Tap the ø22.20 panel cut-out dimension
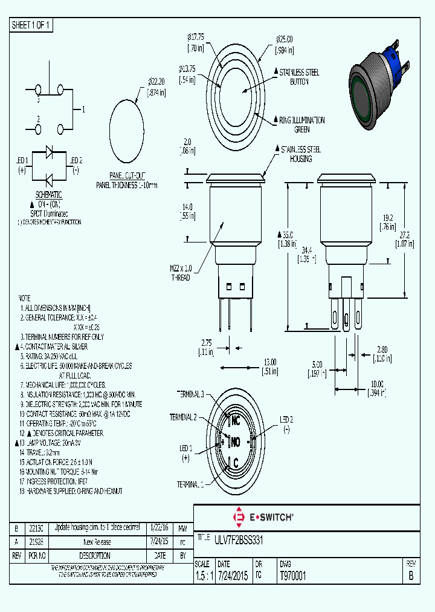[x=156, y=86]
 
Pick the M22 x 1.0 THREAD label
[x=180, y=273]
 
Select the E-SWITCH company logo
[x=263, y=518]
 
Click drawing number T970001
[x=294, y=576]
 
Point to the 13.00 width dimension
[x=269, y=366]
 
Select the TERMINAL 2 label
[x=182, y=417]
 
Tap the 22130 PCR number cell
[x=36, y=527]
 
